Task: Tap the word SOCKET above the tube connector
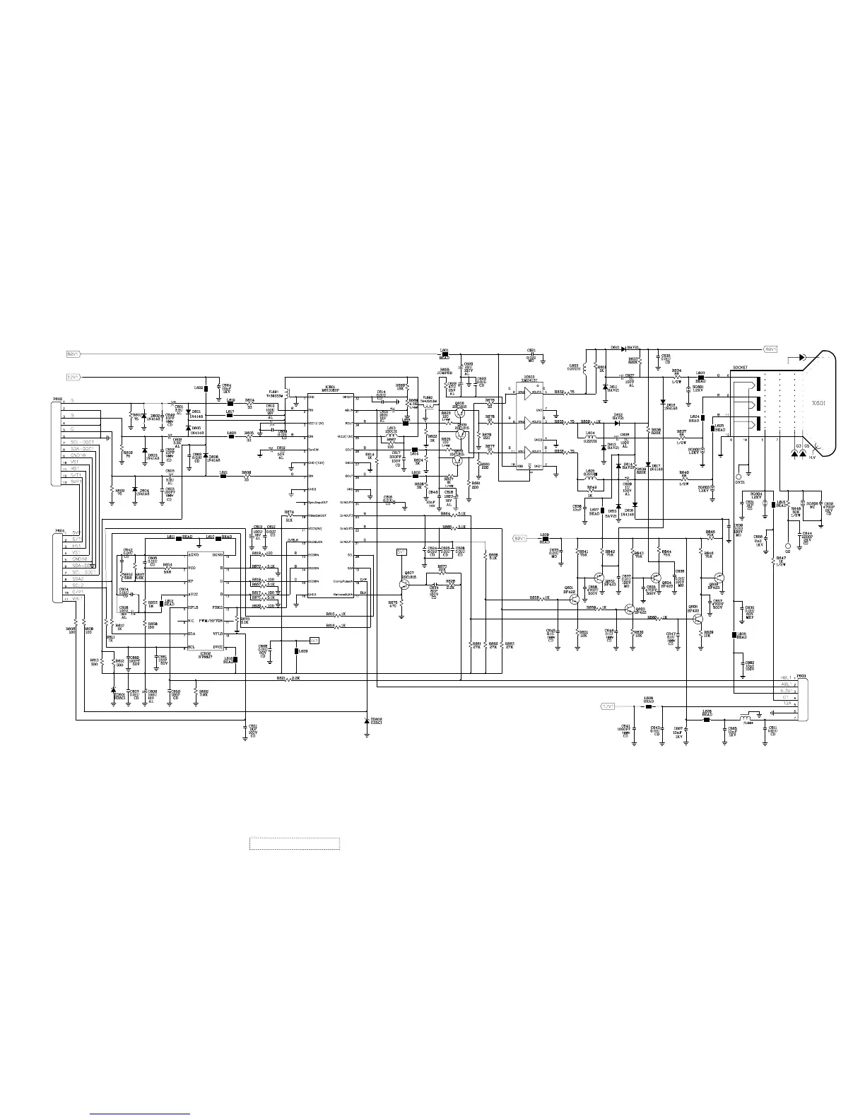click(x=739, y=368)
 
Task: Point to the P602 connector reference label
click(x=58, y=399)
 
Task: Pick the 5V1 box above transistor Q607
click(x=401, y=551)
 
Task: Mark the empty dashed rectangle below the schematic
click(x=295, y=844)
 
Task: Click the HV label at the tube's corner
click(x=812, y=457)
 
